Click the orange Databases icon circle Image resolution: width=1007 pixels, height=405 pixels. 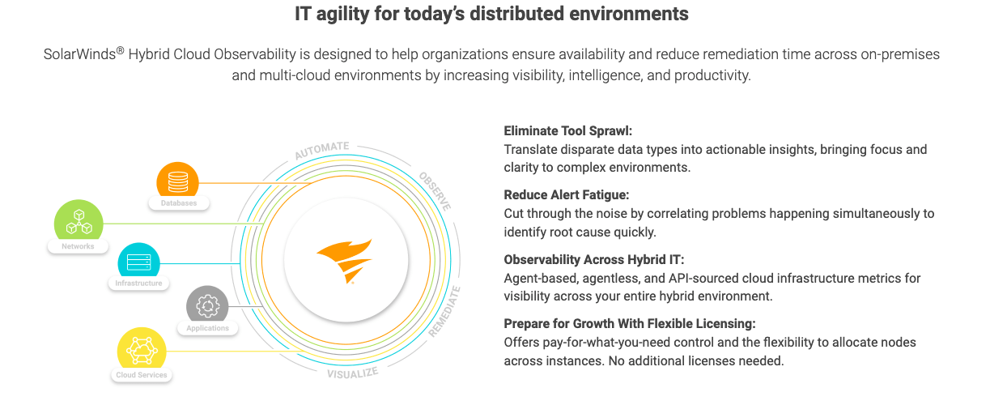pyautogui.click(x=178, y=179)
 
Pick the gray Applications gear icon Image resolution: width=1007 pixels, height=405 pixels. pyautogui.click(x=208, y=306)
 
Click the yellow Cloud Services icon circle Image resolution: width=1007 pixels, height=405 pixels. pyautogui.click(x=142, y=350)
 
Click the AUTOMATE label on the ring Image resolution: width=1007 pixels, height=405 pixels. pyautogui.click(x=321, y=151)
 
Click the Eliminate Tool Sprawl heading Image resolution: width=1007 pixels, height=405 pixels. pyautogui.click(x=567, y=130)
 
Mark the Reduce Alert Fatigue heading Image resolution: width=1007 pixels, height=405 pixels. pyautogui.click(x=567, y=194)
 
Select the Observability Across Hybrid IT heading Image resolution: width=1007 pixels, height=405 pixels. pyautogui.click(x=594, y=259)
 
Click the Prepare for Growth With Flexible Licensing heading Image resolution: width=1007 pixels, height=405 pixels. pyautogui.click(x=630, y=323)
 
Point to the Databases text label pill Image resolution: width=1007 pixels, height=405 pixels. pyautogui.click(x=178, y=203)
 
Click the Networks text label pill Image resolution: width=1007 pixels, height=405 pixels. pyautogui.click(x=79, y=246)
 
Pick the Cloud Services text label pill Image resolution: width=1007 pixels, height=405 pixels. pyautogui.click(x=142, y=375)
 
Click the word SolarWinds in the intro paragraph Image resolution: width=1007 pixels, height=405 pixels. pyautogui.click(x=79, y=54)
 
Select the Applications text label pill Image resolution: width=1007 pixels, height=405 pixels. pyautogui.click(x=208, y=328)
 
